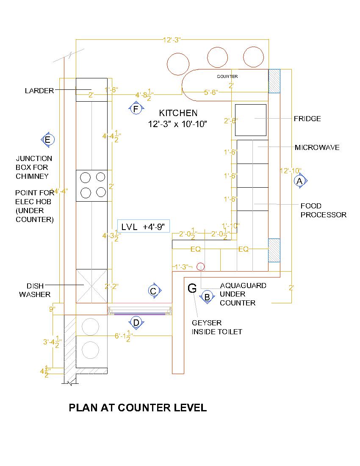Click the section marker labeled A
[300, 181]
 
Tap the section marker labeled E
[47, 139]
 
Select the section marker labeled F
[136, 109]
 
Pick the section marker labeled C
[154, 291]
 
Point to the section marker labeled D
[136, 322]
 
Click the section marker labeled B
[207, 297]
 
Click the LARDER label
[39, 91]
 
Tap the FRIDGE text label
[307, 119]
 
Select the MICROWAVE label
[317, 147]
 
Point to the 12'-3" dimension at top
[172, 40]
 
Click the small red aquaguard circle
[201, 266]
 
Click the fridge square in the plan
[251, 119]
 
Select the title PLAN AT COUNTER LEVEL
[138, 408]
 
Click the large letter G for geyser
[192, 288]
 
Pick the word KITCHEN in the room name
[178, 113]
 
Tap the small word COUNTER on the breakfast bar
[227, 77]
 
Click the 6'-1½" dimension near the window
[125, 336]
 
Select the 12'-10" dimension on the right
[291, 171]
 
